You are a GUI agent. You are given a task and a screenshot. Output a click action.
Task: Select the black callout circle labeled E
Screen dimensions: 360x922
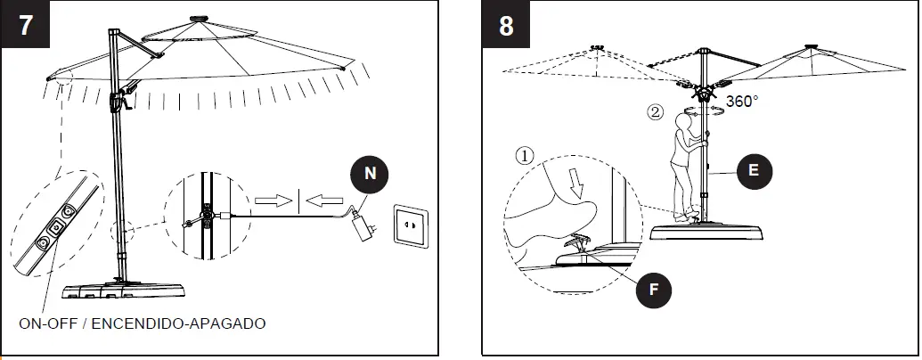pos(754,172)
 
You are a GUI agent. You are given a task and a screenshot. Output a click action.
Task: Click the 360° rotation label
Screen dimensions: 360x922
pos(742,102)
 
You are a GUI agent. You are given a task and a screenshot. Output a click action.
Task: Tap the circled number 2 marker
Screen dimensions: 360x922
pos(655,113)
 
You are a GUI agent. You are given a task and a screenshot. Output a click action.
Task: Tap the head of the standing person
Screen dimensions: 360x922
pos(684,119)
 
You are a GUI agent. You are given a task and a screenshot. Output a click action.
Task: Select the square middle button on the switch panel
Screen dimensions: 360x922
pos(56,228)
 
